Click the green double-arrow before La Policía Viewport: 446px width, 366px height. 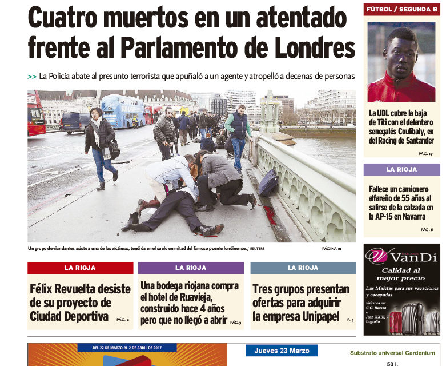pyautogui.click(x=32, y=77)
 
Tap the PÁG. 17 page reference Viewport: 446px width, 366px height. pyautogui.click(x=426, y=154)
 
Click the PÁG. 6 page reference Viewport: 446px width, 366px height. pyautogui.click(x=427, y=229)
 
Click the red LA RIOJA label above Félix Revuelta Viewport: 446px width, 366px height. pyautogui.click(x=80, y=268)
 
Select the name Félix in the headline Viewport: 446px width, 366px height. pyautogui.click(x=43, y=289)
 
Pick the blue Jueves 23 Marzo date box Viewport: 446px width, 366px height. pyautogui.click(x=282, y=351)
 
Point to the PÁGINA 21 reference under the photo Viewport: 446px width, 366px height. pyautogui.click(x=331, y=249)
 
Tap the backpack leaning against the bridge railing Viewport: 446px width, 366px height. pyautogui.click(x=268, y=182)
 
